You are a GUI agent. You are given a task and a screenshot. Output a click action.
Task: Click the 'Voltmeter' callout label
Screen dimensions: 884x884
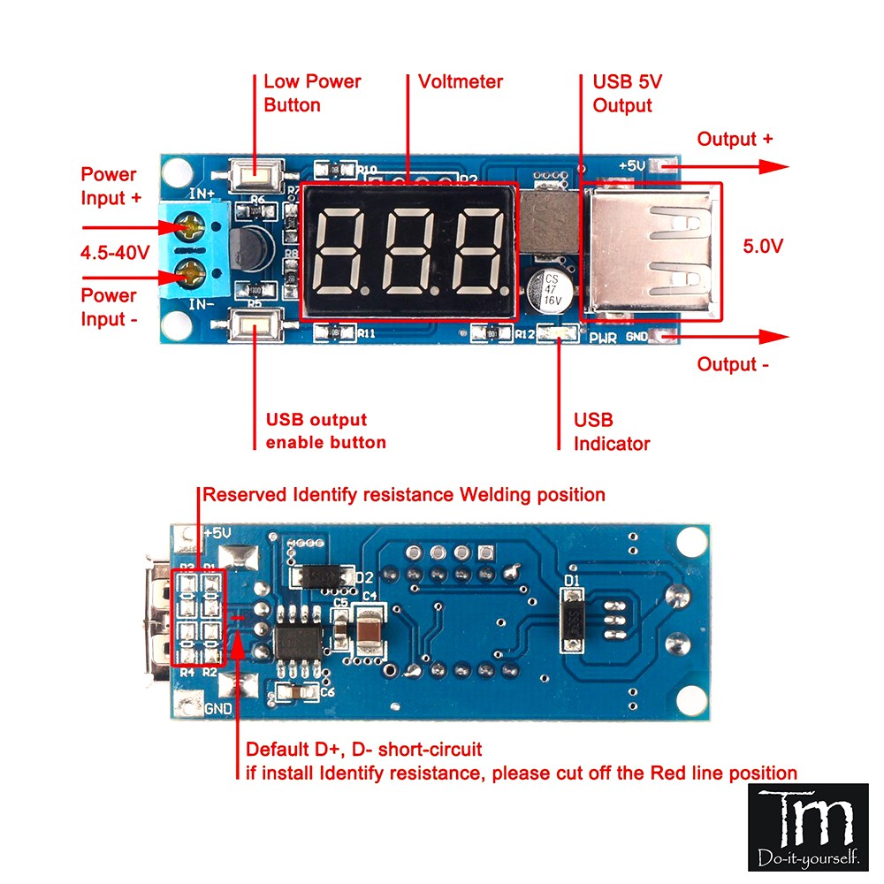(461, 82)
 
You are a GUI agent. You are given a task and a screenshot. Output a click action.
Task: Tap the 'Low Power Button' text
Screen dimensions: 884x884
(312, 93)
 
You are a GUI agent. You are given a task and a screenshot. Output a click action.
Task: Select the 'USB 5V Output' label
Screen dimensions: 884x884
(628, 94)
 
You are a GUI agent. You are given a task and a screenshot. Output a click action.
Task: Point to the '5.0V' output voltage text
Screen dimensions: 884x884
(761, 246)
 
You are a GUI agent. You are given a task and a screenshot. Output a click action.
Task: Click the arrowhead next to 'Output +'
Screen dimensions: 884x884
(775, 166)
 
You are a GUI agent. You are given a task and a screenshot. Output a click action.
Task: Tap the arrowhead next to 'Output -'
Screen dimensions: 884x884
(775, 336)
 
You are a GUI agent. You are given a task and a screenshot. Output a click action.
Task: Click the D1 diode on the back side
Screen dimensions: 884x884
(575, 621)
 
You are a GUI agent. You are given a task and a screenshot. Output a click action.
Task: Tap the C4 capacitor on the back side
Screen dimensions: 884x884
(370, 632)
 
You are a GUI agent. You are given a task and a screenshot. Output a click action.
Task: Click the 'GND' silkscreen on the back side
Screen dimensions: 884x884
(218, 709)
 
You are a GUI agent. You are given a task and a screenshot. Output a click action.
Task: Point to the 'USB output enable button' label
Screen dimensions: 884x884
(326, 431)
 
